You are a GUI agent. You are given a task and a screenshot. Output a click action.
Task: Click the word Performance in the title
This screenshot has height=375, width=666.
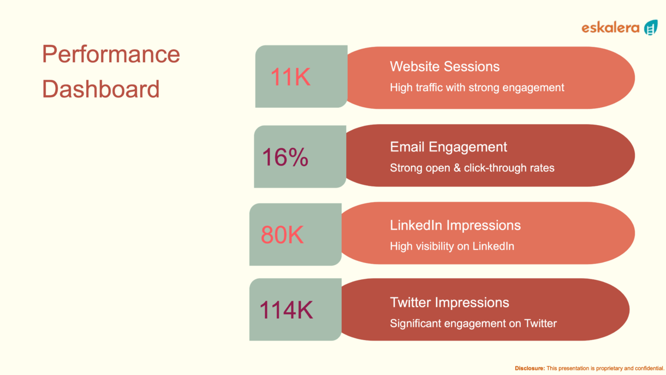coord(111,55)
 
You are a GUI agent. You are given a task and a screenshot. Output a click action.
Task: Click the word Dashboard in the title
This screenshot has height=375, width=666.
coord(101,89)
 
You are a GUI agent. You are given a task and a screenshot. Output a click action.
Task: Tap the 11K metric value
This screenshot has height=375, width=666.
coord(290,77)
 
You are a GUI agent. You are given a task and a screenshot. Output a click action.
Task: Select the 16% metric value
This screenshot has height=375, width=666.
coord(285,157)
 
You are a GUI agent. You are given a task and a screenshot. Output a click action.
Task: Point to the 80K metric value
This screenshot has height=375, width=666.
coord(282,235)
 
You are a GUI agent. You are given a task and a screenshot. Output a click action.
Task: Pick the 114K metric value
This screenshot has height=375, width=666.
coord(286,310)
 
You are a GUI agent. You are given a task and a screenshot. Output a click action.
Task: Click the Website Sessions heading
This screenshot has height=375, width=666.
coord(444,66)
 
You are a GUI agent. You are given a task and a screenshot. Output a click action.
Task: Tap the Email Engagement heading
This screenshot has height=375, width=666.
coord(448,147)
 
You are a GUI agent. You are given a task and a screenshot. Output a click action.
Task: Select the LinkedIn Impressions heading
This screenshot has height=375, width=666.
coord(455,225)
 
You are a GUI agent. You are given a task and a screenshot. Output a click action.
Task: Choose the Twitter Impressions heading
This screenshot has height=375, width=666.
coord(449,302)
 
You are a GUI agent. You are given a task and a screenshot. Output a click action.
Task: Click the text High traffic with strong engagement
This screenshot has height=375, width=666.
coord(477,87)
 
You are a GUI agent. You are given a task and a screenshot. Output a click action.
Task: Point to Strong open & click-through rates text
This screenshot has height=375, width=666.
coord(472,168)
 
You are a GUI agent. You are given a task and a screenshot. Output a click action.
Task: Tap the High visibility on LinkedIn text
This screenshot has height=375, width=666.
coord(452,246)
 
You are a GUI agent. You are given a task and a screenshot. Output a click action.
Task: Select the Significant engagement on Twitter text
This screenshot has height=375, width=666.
coord(473,323)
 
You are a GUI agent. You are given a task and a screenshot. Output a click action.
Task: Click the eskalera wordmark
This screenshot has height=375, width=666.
coord(610,28)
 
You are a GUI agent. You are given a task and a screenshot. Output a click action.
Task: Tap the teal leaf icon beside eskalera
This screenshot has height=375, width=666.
coord(651,28)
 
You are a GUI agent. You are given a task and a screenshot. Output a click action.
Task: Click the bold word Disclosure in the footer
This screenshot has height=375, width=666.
coord(530,368)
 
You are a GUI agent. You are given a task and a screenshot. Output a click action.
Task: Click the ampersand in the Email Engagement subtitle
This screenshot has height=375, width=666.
coord(457,168)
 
